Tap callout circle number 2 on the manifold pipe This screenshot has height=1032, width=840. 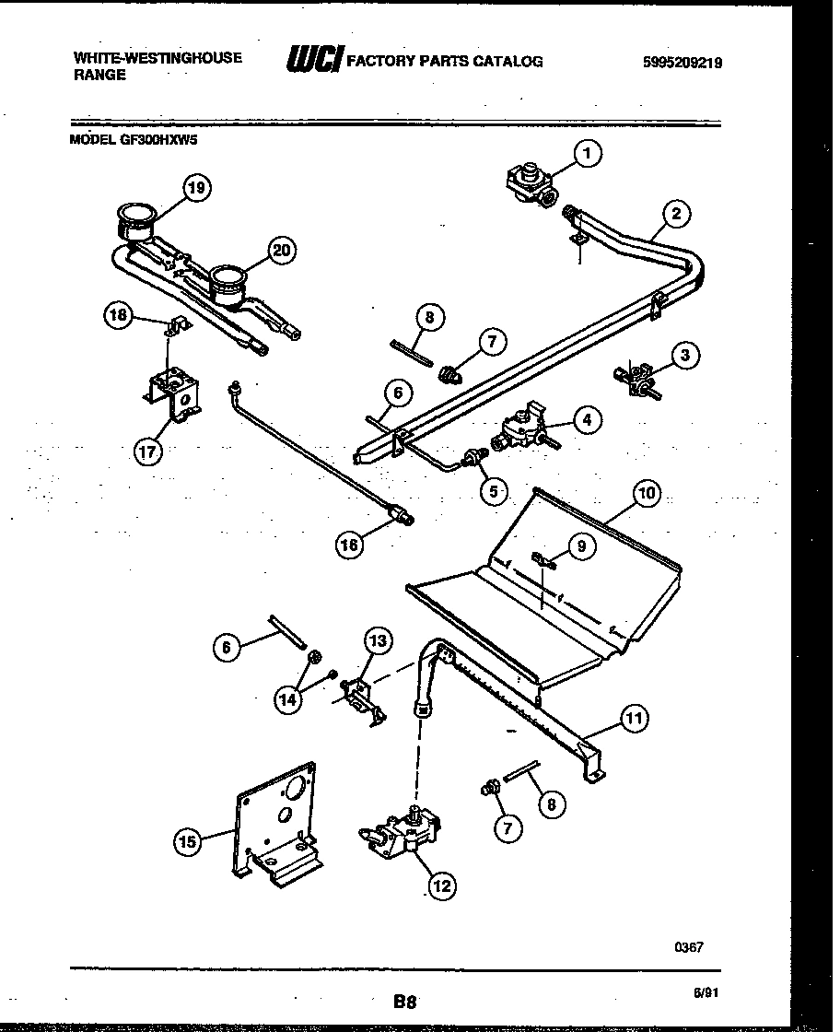676,215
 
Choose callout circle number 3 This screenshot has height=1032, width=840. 684,354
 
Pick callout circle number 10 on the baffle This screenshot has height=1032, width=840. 647,493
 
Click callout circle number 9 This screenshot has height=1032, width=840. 579,546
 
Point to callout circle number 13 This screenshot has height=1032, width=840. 379,640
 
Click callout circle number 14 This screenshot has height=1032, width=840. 289,699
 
